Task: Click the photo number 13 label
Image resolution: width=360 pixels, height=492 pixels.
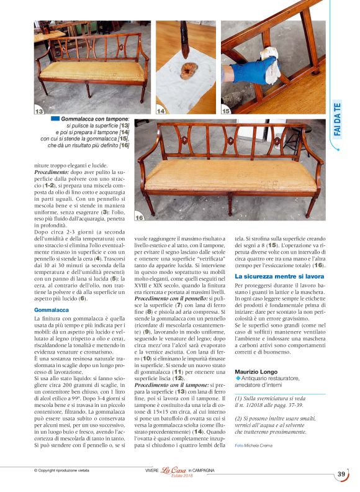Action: pyautogui.click(x=39, y=111)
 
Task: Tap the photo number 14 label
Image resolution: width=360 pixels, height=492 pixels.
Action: pyautogui.click(x=161, y=111)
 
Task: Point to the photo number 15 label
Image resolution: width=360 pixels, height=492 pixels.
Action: pyautogui.click(x=227, y=111)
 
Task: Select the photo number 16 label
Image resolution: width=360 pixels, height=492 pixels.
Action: pyautogui.click(x=140, y=217)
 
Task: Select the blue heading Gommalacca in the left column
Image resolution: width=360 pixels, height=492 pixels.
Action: pyautogui.click(x=52, y=309)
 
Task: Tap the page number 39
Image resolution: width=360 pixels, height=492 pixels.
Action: pyautogui.click(x=341, y=474)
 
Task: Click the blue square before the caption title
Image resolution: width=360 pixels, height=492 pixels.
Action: pyautogui.click(x=55, y=118)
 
